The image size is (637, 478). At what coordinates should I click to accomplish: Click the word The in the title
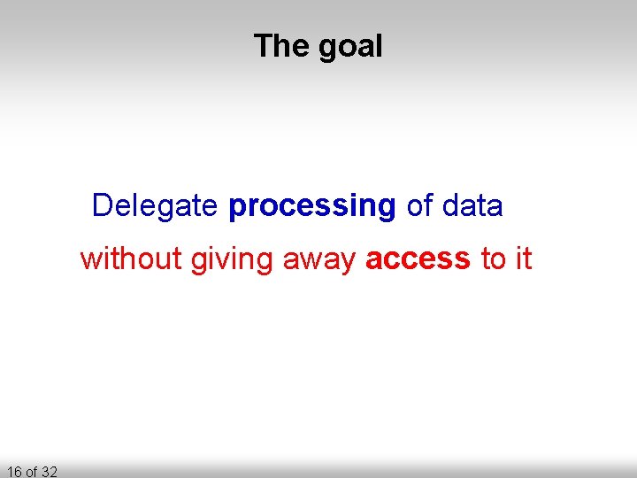[281, 45]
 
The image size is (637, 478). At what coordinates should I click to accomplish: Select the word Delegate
[155, 206]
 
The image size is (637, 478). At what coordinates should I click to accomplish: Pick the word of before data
[419, 206]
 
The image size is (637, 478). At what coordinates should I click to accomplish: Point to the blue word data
[472, 206]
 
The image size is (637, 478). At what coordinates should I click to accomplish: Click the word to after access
[493, 259]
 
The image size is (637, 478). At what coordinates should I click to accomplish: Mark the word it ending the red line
[523, 259]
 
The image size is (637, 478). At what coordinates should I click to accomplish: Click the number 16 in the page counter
[13, 471]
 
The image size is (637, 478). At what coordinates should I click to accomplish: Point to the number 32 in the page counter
[49, 471]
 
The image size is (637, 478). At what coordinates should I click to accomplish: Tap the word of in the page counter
[31, 471]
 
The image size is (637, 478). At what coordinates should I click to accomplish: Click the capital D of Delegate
[102, 205]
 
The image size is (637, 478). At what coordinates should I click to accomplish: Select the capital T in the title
[263, 45]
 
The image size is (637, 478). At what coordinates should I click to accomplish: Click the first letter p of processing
[236, 209]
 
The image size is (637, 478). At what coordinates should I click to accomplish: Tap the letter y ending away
[349, 263]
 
